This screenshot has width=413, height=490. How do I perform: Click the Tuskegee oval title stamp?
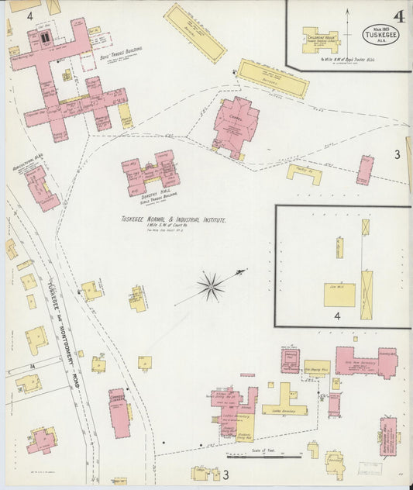click(380, 35)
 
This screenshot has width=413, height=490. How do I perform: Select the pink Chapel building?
click(236, 123)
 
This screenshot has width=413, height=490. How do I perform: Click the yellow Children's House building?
click(320, 40)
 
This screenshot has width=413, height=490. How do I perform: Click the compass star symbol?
click(210, 287)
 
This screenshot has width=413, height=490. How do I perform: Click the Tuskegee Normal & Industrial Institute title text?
click(174, 221)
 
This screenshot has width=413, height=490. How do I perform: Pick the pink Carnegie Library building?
click(118, 412)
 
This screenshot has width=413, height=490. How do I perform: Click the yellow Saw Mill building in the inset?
click(339, 295)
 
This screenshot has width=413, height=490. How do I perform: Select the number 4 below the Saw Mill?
click(337, 316)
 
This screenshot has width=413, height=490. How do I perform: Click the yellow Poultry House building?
click(304, 174)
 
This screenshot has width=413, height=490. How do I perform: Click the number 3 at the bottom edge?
click(226, 474)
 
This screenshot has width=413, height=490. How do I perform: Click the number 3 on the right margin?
click(397, 155)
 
